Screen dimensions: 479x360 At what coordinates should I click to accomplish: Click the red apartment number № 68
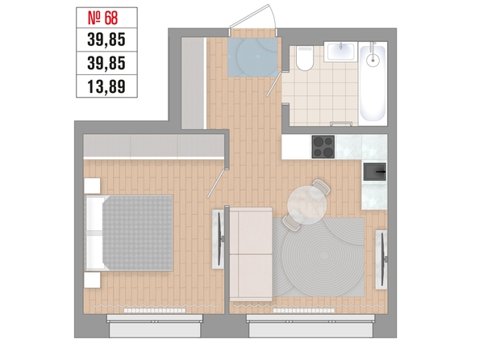[102, 18]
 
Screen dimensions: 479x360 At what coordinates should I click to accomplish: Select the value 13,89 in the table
[106, 86]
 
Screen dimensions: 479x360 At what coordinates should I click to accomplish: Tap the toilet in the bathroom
[305, 58]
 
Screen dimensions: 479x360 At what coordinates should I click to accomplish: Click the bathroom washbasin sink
[340, 52]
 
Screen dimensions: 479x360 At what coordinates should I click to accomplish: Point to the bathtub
[373, 83]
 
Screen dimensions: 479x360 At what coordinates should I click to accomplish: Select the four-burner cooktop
[323, 147]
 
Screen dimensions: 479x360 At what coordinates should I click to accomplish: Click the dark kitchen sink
[374, 172]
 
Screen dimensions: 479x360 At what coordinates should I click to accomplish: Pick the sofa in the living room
[251, 254]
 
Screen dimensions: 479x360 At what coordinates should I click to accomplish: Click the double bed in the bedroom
[128, 233]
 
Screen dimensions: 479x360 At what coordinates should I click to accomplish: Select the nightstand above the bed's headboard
[92, 186]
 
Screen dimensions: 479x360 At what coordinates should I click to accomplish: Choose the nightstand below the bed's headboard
[92, 280]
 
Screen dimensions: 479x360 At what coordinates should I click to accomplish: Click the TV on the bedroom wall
[219, 239]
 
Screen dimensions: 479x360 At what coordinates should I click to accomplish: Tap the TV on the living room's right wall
[381, 259]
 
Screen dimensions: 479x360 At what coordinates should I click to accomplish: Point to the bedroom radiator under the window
[155, 311]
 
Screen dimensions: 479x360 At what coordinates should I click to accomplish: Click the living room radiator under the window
[304, 311]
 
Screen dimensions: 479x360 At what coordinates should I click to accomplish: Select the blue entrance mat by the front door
[252, 57]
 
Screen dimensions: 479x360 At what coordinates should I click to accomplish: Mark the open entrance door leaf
[249, 16]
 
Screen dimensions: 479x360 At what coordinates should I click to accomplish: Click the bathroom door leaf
[273, 84]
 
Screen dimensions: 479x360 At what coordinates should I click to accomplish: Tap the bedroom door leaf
[217, 183]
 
